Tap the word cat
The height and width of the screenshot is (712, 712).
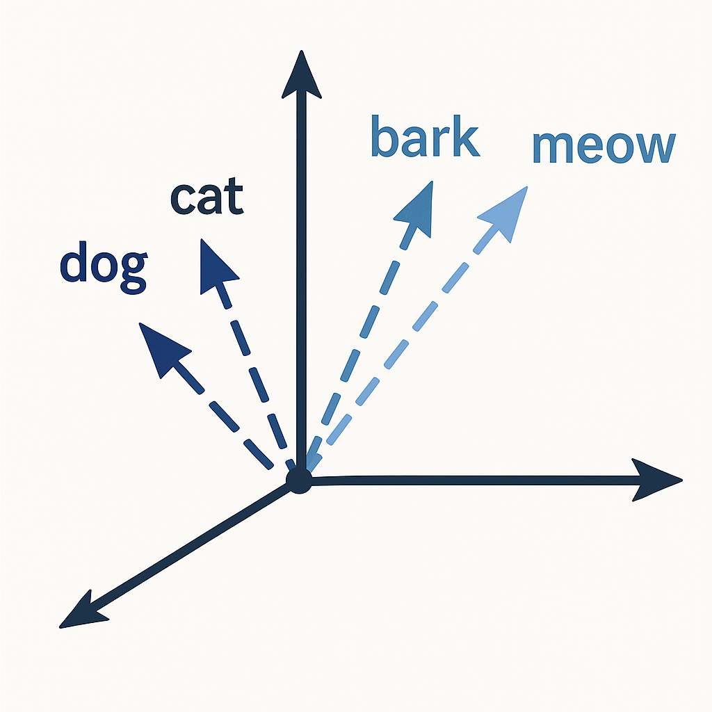[x=206, y=199]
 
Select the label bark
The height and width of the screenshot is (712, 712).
[x=425, y=139]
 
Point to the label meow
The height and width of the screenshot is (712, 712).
[x=604, y=147]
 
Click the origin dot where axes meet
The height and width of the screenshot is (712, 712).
[x=299, y=480]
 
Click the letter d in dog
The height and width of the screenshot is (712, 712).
[x=73, y=264]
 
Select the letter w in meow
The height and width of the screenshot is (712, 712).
[x=653, y=148]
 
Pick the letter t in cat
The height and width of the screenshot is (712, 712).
[x=234, y=197]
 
